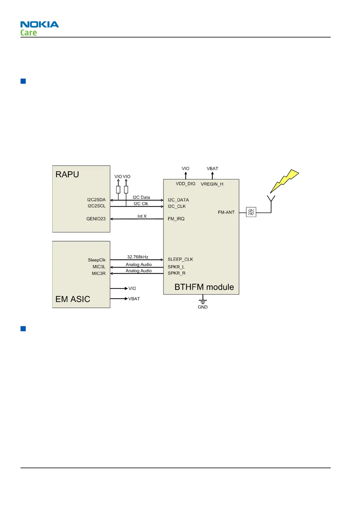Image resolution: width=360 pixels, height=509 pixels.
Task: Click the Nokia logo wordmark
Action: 40,24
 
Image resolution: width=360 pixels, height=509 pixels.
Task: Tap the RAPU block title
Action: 67,174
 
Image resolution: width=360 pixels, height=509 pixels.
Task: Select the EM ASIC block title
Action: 73,299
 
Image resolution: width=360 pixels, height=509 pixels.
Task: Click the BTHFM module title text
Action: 204,287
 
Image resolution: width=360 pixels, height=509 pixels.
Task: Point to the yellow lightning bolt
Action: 284,181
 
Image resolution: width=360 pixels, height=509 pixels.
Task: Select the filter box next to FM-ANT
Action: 251,212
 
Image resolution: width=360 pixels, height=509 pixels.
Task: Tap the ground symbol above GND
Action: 203,300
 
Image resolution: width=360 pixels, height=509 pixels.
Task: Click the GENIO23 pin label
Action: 96,219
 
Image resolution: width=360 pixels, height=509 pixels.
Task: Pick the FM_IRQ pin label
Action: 176,219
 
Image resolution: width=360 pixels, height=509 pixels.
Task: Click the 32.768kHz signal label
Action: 138,257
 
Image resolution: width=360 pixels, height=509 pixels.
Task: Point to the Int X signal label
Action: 142,216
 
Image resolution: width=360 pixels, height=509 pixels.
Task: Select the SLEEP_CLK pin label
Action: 180,259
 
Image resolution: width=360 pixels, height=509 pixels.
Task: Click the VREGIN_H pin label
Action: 212,184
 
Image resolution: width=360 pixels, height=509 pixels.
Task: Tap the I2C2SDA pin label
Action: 96,200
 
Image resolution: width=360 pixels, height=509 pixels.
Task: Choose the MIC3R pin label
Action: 99,274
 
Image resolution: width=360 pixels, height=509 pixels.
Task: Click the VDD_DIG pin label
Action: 186,184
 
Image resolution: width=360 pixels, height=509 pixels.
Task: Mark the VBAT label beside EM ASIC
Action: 134,299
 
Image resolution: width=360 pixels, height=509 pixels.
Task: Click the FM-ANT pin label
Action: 226,212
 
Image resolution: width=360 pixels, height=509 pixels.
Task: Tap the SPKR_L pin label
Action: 176,267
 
